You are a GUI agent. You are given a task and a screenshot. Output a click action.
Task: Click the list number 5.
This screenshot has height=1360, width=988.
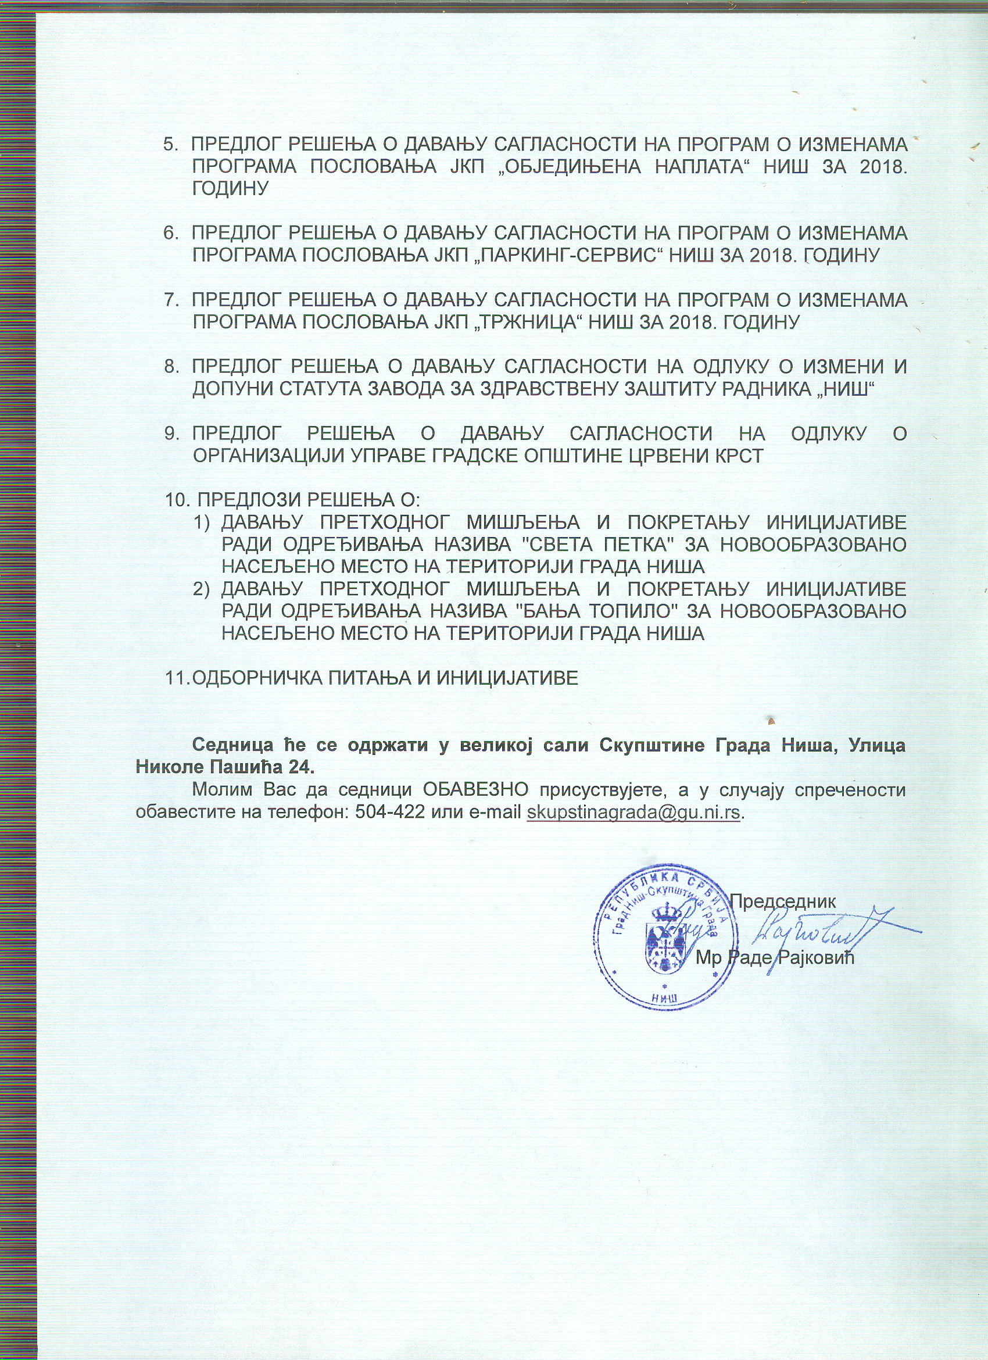170,145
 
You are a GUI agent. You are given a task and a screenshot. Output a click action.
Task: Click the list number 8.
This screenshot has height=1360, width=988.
170,366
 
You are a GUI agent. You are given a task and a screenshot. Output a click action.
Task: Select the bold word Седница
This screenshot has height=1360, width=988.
231,745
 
